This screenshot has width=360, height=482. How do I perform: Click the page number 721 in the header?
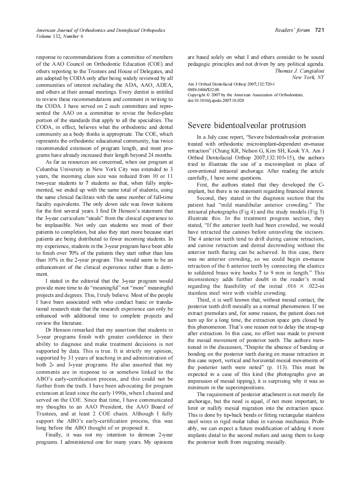pos(319,30)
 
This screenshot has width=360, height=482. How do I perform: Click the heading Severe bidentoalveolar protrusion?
pos(247,125)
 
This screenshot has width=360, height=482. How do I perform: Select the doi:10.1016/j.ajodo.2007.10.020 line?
pos(216,100)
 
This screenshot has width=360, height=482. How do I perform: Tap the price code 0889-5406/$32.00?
pos(204,89)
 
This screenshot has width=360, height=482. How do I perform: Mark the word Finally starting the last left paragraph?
pos(55,435)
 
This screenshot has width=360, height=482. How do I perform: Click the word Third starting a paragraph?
pos(204,299)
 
